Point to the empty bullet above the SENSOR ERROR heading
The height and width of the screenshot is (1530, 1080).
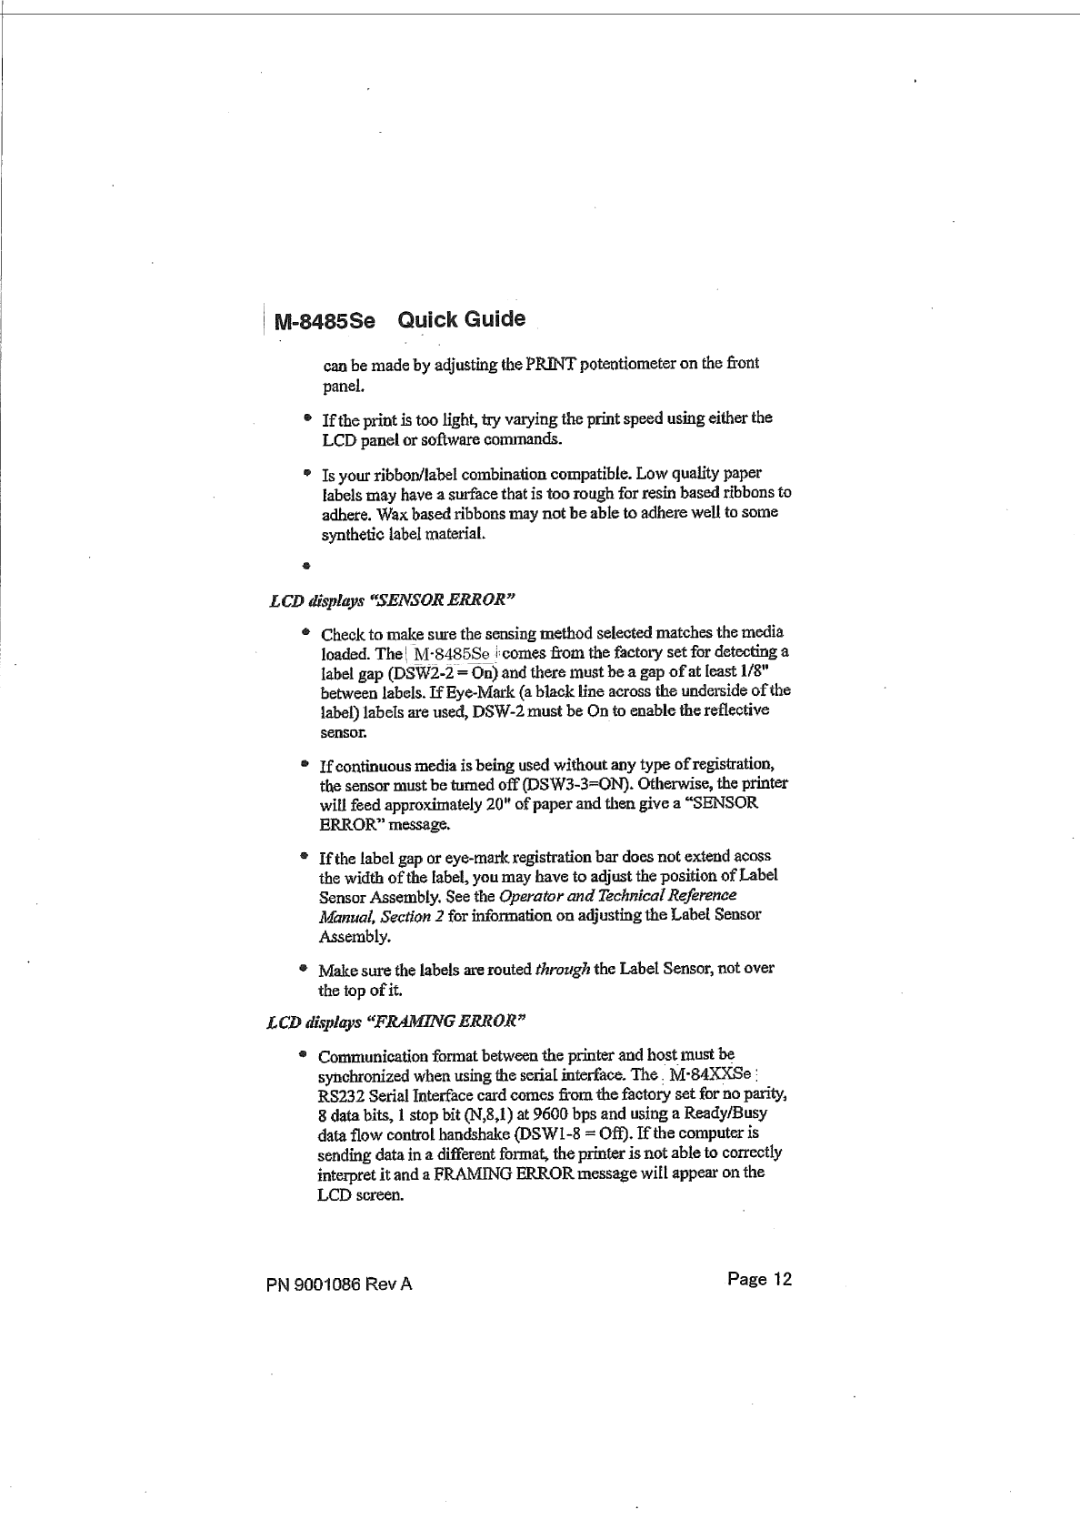click(307, 565)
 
